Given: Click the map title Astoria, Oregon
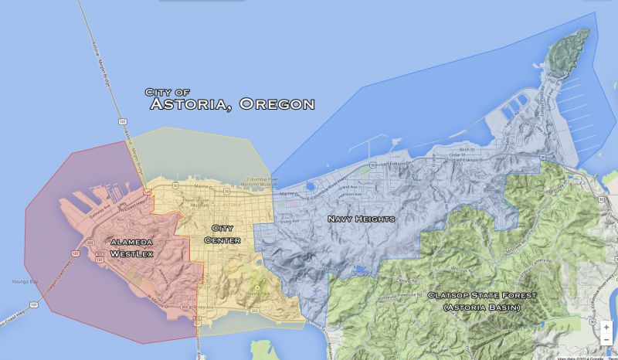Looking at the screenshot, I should [x=232, y=104].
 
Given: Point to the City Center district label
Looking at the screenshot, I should [x=222, y=234].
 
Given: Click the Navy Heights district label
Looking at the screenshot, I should [x=361, y=219].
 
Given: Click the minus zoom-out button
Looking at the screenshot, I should [x=606, y=340].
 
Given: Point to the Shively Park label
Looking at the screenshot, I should [x=252, y=294].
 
